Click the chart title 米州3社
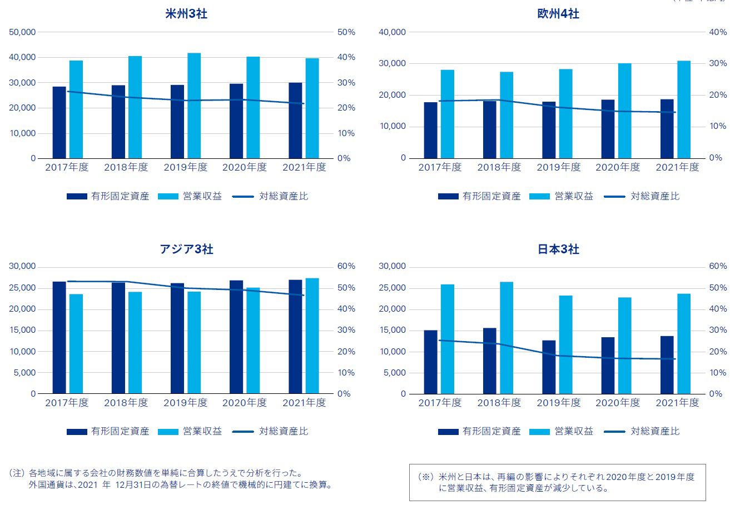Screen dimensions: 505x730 (x=187, y=14)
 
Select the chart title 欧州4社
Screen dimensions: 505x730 (x=558, y=14)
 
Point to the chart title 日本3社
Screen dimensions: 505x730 (x=558, y=249)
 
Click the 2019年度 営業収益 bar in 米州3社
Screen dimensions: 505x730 (x=194, y=106)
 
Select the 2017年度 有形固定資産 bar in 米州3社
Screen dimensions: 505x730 (x=59, y=123)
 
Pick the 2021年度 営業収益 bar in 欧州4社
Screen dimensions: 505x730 (x=684, y=109)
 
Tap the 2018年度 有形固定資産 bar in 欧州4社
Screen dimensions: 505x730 (x=490, y=129)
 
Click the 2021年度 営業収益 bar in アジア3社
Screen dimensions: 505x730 (x=312, y=336)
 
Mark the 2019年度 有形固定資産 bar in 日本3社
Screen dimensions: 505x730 (x=549, y=367)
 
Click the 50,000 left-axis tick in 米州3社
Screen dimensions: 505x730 (x=23, y=32)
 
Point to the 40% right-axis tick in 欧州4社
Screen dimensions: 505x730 (x=718, y=32)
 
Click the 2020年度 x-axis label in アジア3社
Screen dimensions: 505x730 (x=245, y=403)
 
